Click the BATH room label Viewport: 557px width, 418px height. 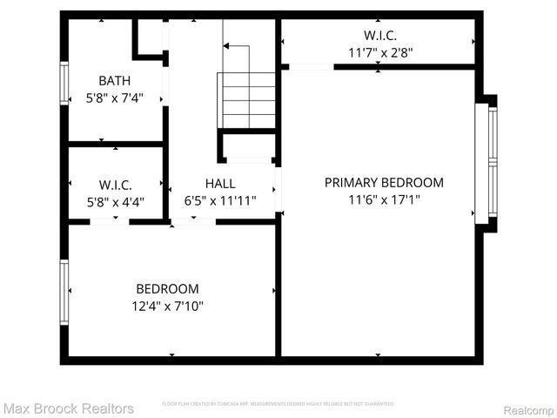click(x=115, y=81)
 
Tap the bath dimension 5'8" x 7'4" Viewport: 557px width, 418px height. click(x=115, y=98)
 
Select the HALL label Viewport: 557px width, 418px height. click(x=220, y=184)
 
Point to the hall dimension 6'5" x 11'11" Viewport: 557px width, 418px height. click(x=220, y=201)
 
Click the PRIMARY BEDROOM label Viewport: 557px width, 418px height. click(x=384, y=183)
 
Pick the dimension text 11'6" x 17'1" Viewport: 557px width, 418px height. click(x=384, y=200)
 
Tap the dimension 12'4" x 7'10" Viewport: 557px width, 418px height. click(x=167, y=306)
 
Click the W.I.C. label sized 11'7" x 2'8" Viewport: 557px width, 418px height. click(x=380, y=35)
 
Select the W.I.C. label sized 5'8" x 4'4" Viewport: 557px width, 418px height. click(x=115, y=185)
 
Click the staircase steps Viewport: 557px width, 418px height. click(x=247, y=100)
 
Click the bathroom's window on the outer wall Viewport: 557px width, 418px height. click(x=64, y=84)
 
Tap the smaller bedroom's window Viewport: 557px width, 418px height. click(x=64, y=292)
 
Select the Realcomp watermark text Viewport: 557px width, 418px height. click(x=529, y=409)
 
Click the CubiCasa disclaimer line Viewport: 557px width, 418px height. click(x=278, y=404)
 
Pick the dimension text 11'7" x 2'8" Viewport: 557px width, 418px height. click(x=380, y=52)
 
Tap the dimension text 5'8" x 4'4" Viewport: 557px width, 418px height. click(x=115, y=202)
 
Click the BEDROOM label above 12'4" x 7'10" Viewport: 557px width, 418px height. click(x=167, y=288)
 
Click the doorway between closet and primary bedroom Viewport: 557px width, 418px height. click(x=311, y=66)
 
